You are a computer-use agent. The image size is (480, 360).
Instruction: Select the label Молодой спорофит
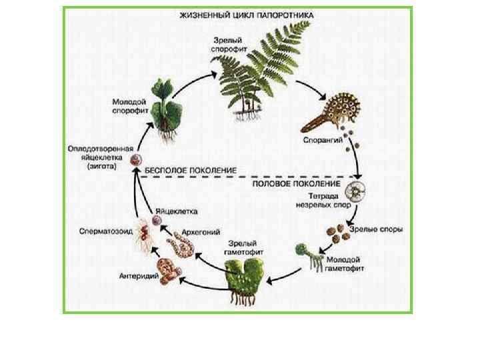[126, 106]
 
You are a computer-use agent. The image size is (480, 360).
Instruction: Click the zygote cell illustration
[137, 161]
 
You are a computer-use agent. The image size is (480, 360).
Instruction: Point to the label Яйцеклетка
[176, 211]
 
